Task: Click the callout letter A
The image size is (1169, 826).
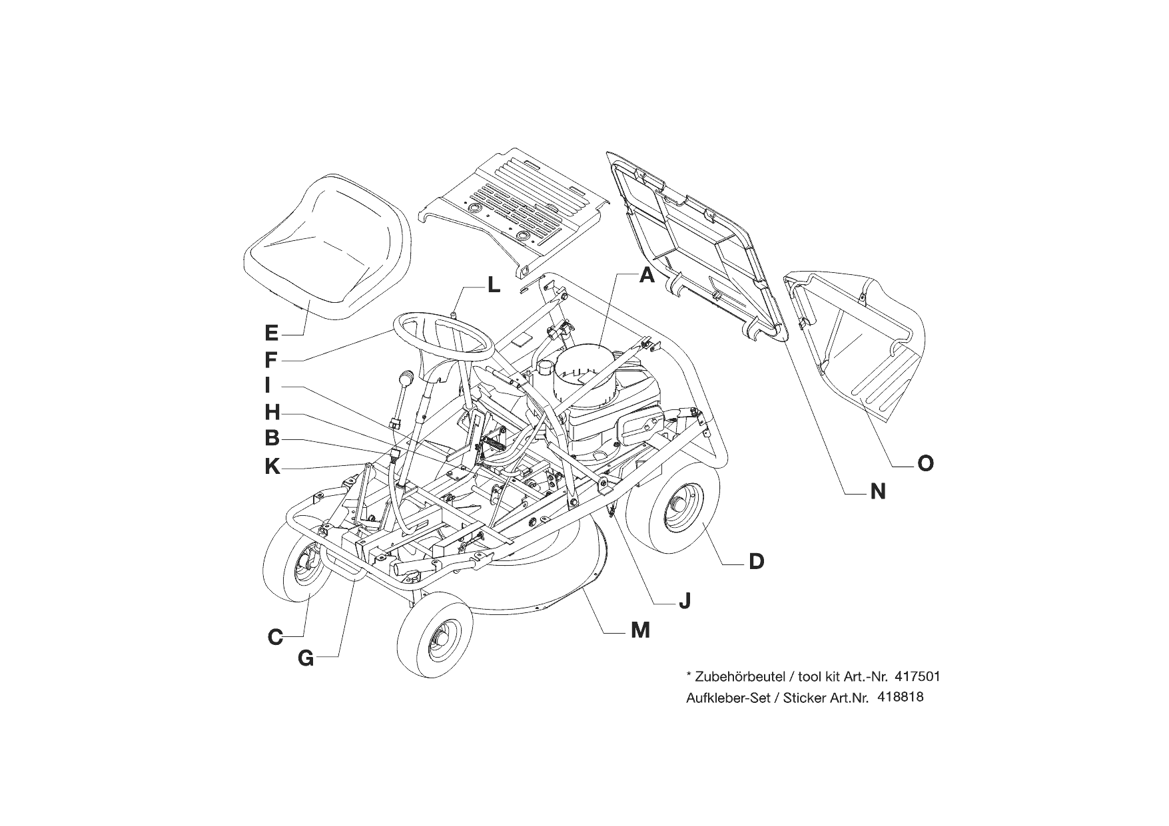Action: pyautogui.click(x=647, y=274)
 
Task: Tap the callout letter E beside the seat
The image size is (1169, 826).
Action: pyautogui.click(x=271, y=333)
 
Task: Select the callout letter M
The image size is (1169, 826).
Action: pyautogui.click(x=640, y=630)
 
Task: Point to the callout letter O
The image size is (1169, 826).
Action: pyautogui.click(x=925, y=463)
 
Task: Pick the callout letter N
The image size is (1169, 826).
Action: pyautogui.click(x=878, y=493)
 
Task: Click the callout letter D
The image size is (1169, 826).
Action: pyautogui.click(x=756, y=562)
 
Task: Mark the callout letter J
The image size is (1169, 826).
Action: pyautogui.click(x=684, y=601)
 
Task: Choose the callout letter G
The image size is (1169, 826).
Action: pyautogui.click(x=306, y=658)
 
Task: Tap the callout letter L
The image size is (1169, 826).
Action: pyautogui.click(x=493, y=286)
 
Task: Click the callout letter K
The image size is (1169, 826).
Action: pyautogui.click(x=272, y=467)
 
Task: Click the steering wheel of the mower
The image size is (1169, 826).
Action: pyautogui.click(x=443, y=336)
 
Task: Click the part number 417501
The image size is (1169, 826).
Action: pyautogui.click(x=918, y=677)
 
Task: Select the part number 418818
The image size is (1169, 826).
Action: pyautogui.click(x=901, y=698)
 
